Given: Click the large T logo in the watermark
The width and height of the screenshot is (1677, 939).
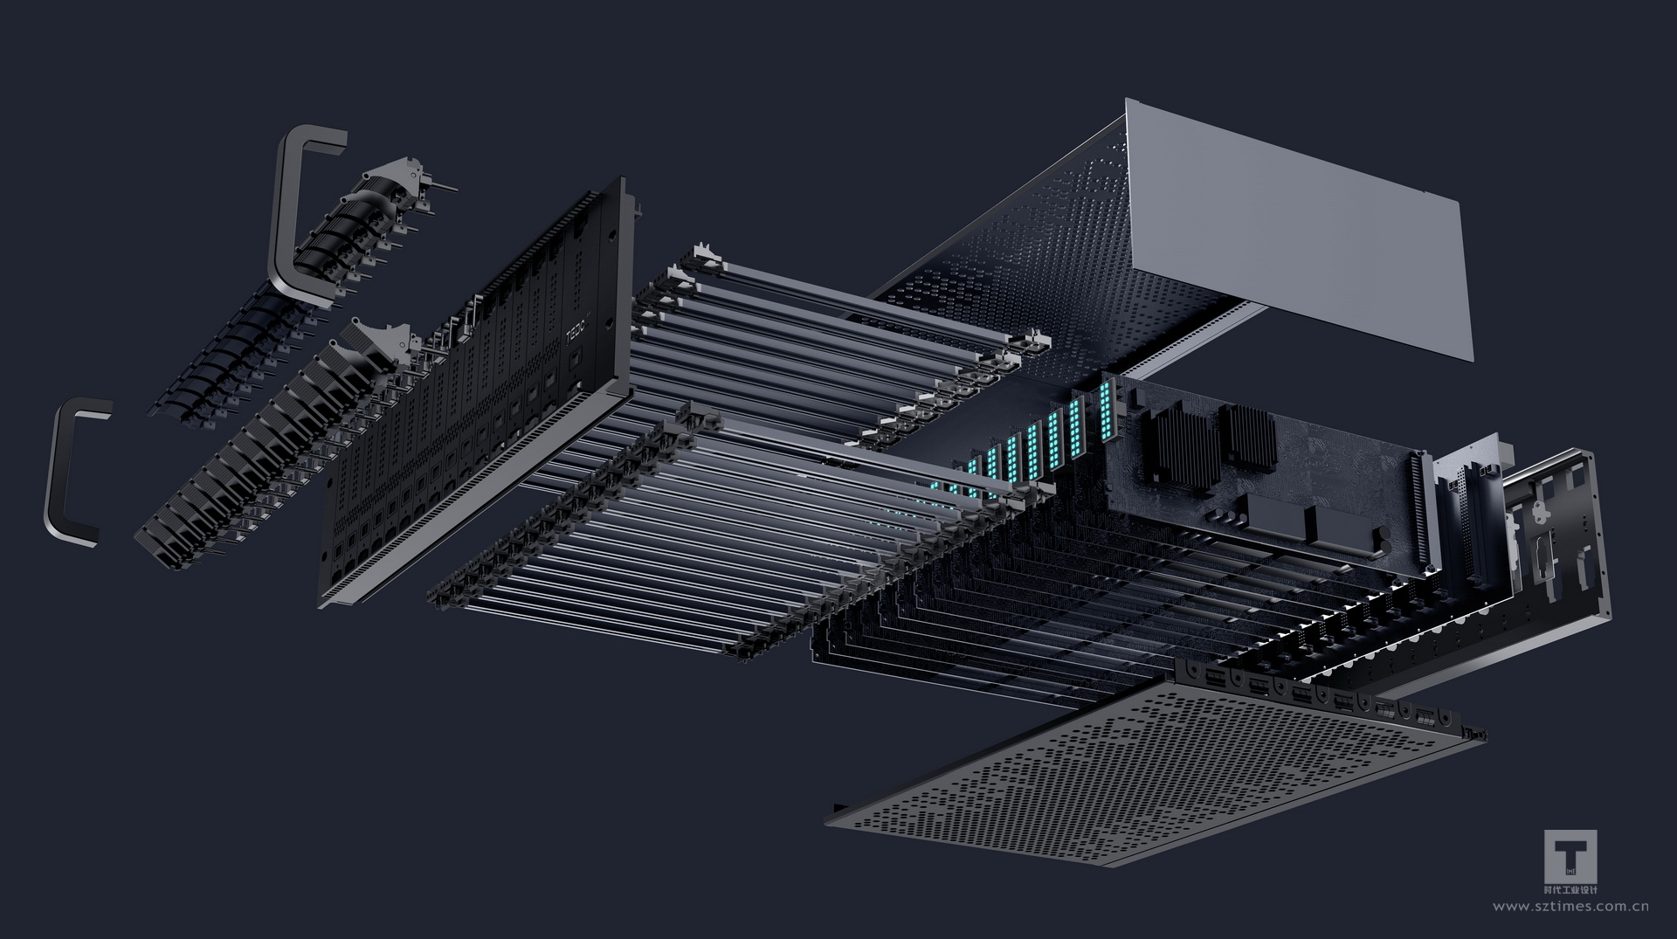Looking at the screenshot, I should pyautogui.click(x=1570, y=856).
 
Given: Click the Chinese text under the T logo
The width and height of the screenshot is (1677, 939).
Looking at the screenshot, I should pyautogui.click(x=1570, y=890).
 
